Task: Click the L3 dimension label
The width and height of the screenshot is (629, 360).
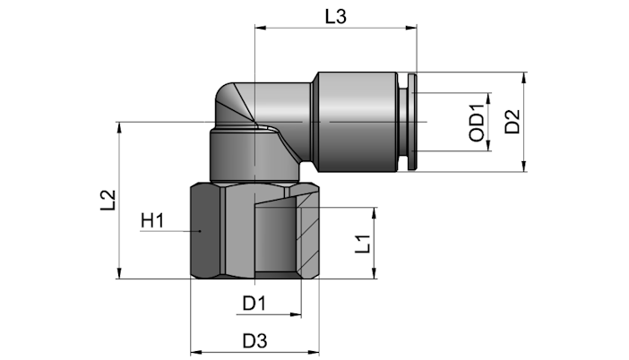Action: coord(335,17)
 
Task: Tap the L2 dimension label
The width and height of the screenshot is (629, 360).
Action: coord(108,200)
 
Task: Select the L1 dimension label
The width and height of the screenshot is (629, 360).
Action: coord(363,244)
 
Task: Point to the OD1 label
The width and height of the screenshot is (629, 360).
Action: coord(477,123)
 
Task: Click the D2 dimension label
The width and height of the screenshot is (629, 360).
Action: coord(513,122)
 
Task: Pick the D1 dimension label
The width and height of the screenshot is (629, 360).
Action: coord(254,304)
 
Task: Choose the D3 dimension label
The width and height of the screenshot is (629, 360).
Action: coord(254,341)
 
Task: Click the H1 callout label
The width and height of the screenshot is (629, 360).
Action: coord(152,221)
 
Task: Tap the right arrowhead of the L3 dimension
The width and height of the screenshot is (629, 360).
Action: coord(411,28)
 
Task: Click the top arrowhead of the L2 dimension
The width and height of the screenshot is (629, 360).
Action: coord(119,127)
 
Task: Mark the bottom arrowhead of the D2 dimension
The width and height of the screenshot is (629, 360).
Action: coord(524,166)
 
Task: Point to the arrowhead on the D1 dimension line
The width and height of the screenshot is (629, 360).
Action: coord(296,314)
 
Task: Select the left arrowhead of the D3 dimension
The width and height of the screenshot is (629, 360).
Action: coord(196,353)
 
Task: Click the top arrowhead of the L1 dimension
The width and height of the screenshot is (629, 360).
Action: coord(375,213)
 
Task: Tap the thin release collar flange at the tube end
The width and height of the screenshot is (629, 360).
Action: coord(412,122)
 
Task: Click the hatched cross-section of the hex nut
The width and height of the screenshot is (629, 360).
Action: coord(307,236)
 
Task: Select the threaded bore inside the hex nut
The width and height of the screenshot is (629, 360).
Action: coord(275,239)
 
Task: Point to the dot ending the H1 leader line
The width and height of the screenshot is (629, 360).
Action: coord(200,231)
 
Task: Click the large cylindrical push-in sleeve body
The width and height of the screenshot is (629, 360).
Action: coord(358,122)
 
